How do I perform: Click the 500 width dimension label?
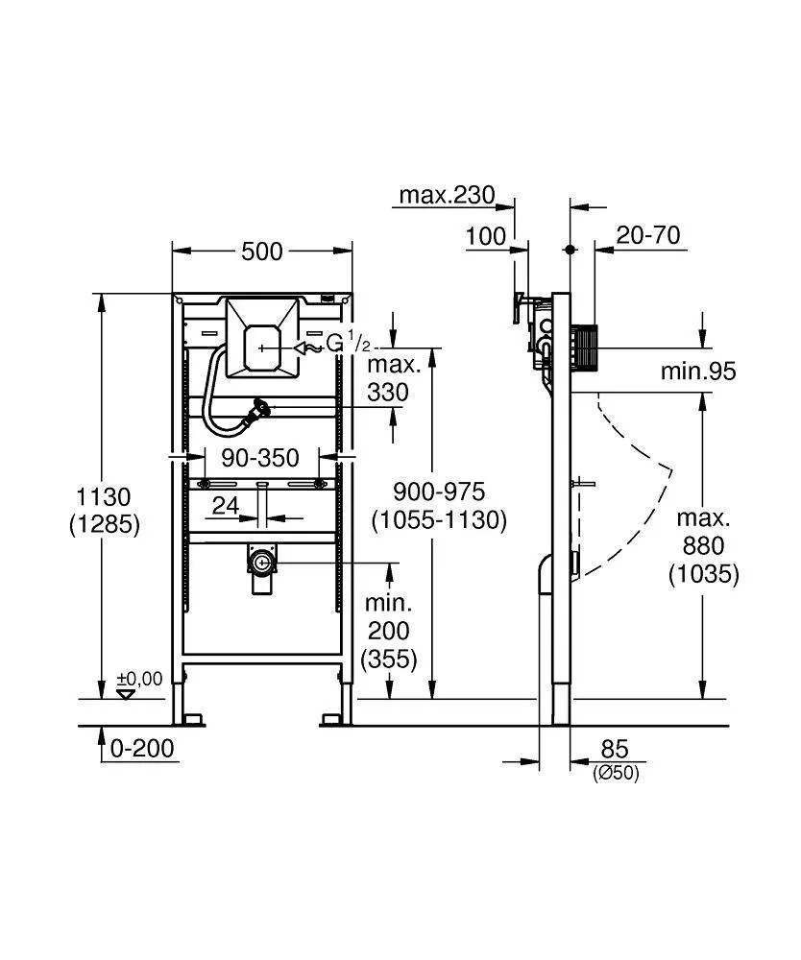click(262, 252)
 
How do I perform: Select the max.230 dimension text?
click(447, 196)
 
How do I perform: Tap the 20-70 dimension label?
click(649, 235)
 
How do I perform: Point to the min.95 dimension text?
click(698, 372)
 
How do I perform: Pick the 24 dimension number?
click(226, 506)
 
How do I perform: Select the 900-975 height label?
click(440, 492)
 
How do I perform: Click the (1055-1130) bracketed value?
click(440, 520)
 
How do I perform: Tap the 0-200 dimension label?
click(143, 749)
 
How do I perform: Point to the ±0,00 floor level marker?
click(139, 680)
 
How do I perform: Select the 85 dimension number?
click(615, 749)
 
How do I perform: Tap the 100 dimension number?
click(486, 236)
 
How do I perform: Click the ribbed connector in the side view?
click(585, 345)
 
